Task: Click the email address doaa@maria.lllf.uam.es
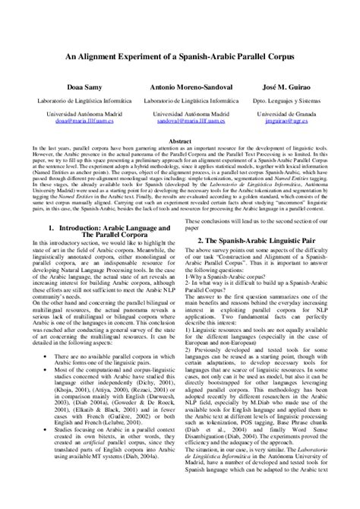coord(72,120)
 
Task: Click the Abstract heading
coord(179,141)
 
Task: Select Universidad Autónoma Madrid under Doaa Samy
coord(72,113)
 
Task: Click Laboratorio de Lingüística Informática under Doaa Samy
coord(72,100)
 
